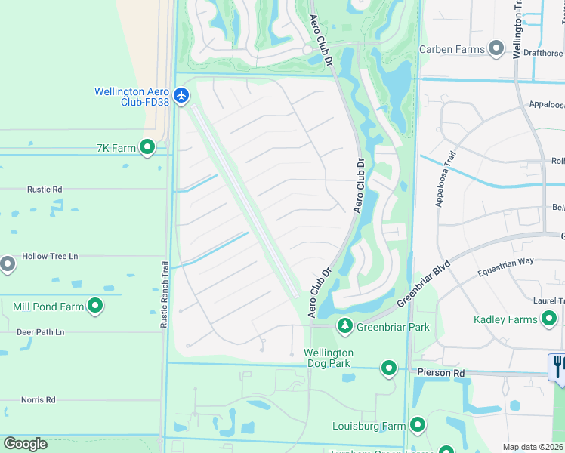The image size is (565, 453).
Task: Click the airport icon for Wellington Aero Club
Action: pos(181,96)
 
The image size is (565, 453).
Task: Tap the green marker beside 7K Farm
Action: pos(147,148)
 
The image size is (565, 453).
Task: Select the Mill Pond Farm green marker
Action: pos(95,306)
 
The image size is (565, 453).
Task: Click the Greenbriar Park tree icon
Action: pos(345,326)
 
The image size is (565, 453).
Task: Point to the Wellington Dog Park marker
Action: pos(389,368)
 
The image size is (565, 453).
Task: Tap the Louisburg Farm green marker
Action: pos(417,425)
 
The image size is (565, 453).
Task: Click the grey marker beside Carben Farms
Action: pos(496,49)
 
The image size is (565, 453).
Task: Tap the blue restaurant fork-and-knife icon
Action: pos(557,367)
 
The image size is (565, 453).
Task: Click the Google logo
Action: pos(25,444)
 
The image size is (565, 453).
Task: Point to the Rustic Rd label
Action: pos(44,190)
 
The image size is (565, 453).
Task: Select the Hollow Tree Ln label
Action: pos(50,256)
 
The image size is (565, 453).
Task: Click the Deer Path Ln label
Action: pos(41,331)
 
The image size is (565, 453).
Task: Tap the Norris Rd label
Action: pos(38,399)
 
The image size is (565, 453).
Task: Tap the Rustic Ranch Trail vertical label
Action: pos(164,294)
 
